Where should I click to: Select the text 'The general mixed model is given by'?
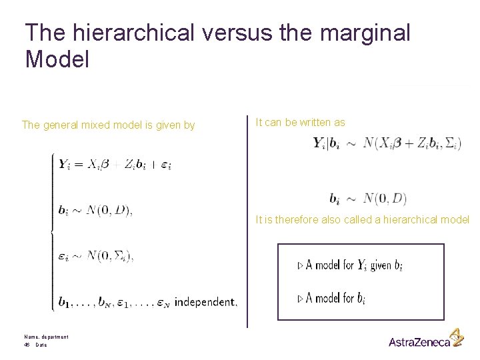point(108,125)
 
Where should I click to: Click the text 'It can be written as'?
point(301,122)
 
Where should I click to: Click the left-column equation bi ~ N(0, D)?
point(95,211)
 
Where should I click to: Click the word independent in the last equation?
point(205,303)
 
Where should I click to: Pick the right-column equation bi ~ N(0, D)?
point(367,198)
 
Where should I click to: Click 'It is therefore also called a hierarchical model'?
point(362,220)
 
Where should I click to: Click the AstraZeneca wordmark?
point(419,342)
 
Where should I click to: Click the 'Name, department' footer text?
point(46,337)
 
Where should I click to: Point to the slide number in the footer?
point(27,345)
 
